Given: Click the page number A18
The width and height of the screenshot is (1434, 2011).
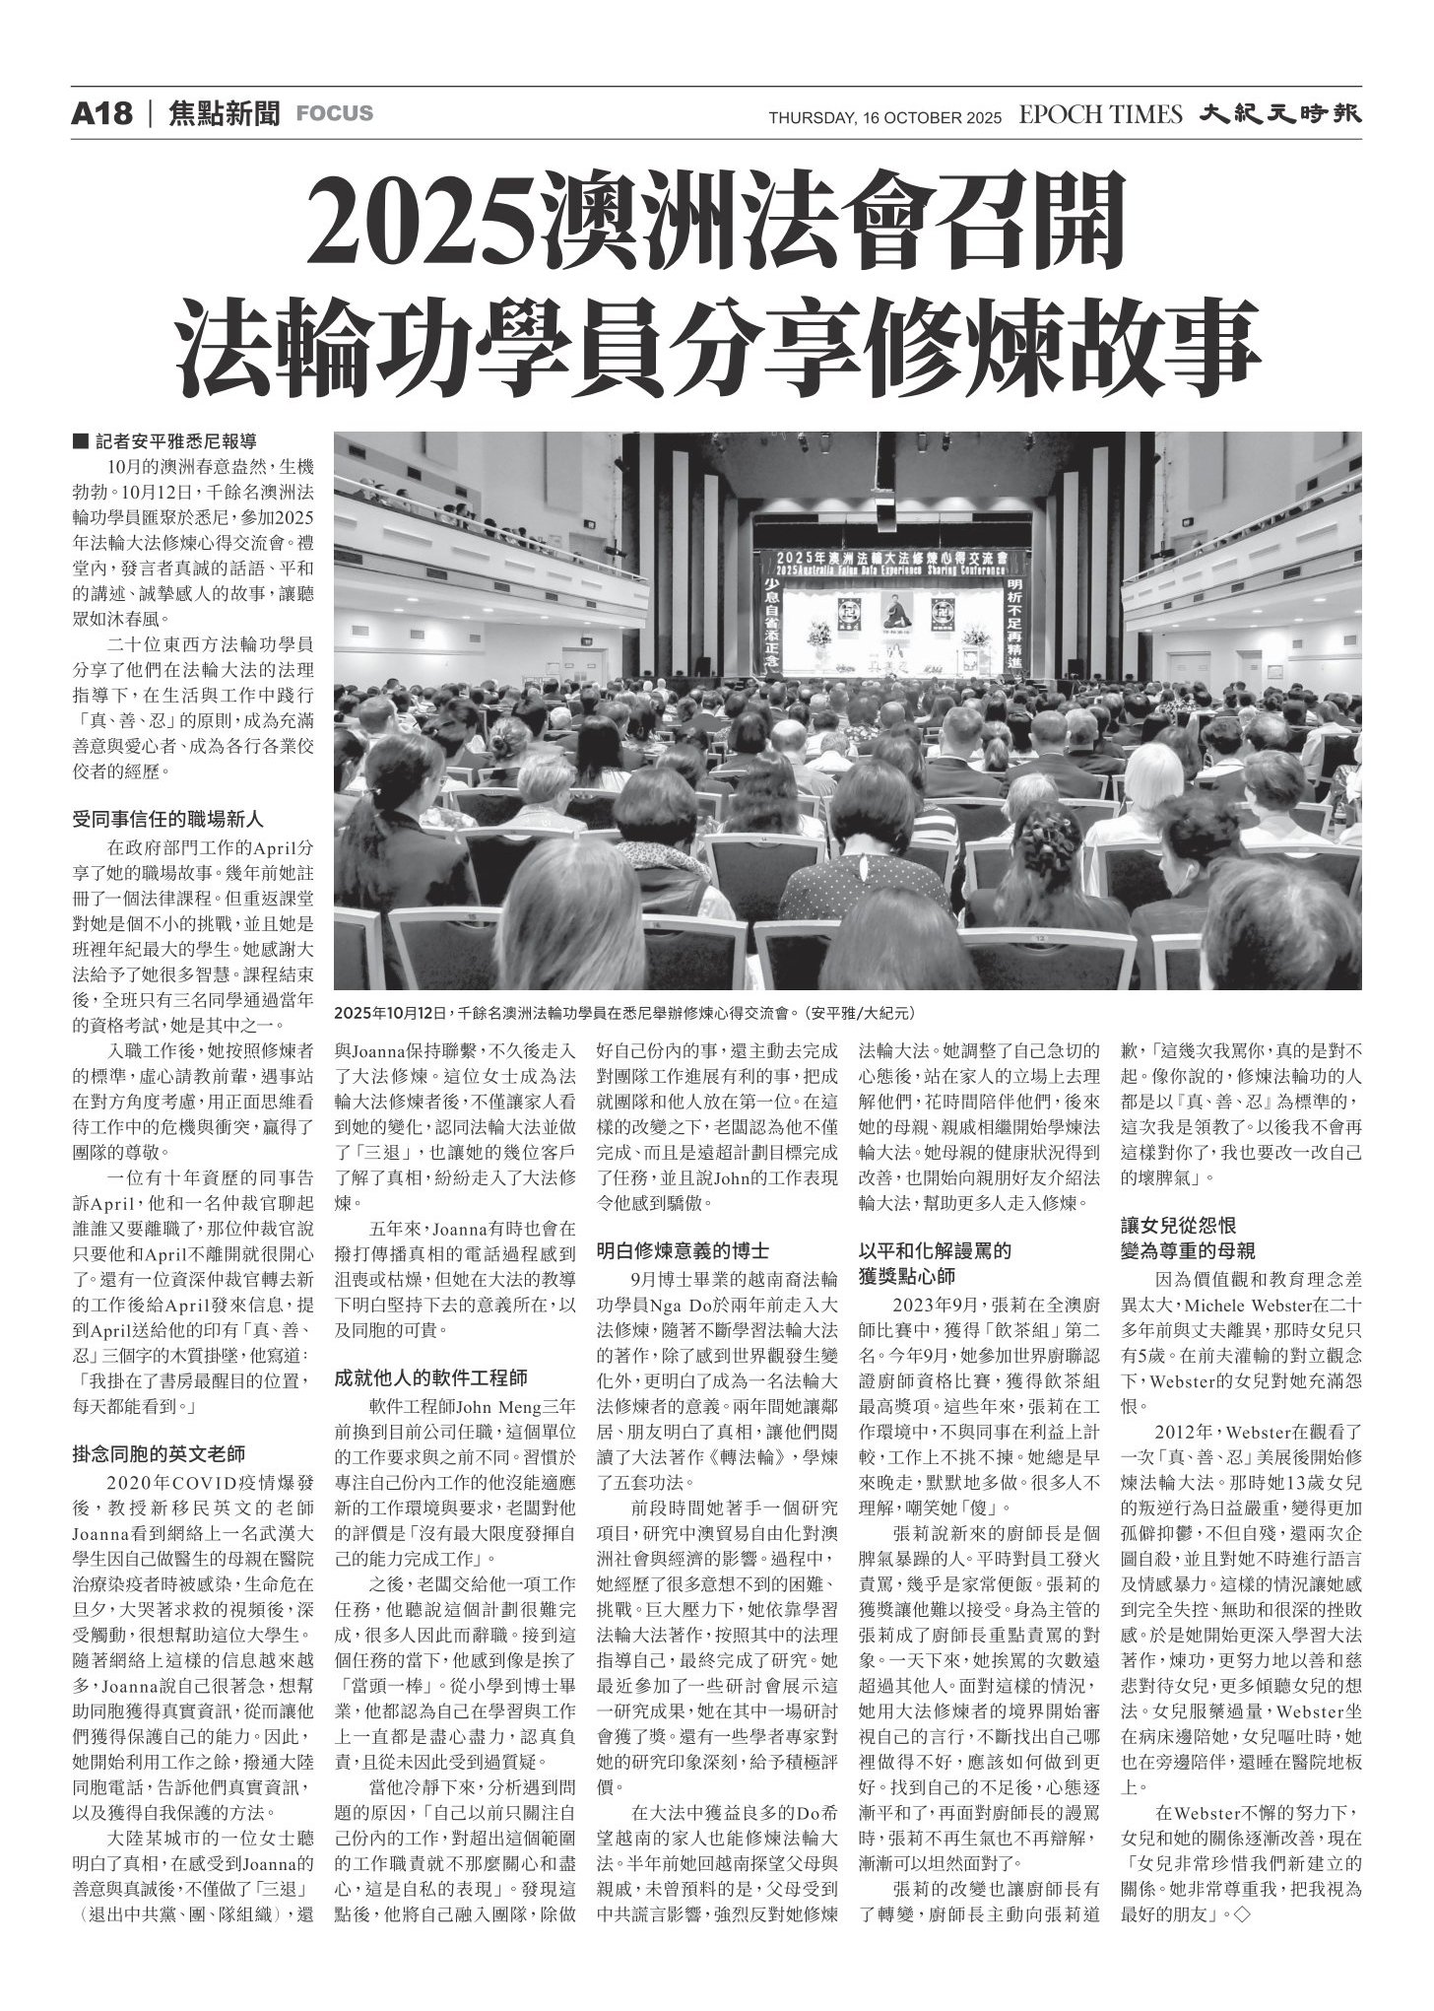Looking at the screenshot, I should [x=101, y=114].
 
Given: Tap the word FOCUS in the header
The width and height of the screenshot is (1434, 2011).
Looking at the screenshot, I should [x=335, y=114].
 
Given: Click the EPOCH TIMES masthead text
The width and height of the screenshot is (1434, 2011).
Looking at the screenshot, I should [x=1100, y=115].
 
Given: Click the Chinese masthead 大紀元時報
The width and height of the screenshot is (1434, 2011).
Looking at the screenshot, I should [x=1279, y=114].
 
